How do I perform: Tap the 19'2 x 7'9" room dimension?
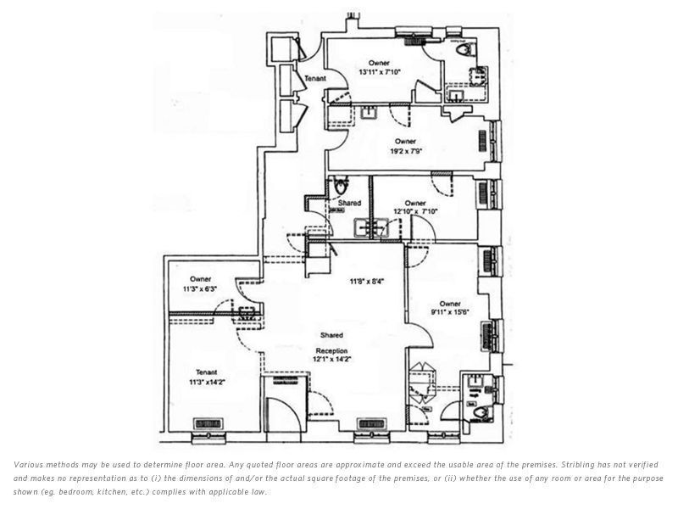[x=405, y=151]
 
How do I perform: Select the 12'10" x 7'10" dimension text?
[x=414, y=212]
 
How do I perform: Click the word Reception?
[x=331, y=349]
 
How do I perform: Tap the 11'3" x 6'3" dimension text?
[x=200, y=289]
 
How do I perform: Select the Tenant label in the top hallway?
[x=314, y=79]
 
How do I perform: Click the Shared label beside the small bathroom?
[x=349, y=203]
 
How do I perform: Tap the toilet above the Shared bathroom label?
[x=341, y=185]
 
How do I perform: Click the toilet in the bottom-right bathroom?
[x=481, y=412]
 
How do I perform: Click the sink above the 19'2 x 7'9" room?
[x=370, y=110]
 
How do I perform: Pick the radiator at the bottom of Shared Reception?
[x=370, y=425]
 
